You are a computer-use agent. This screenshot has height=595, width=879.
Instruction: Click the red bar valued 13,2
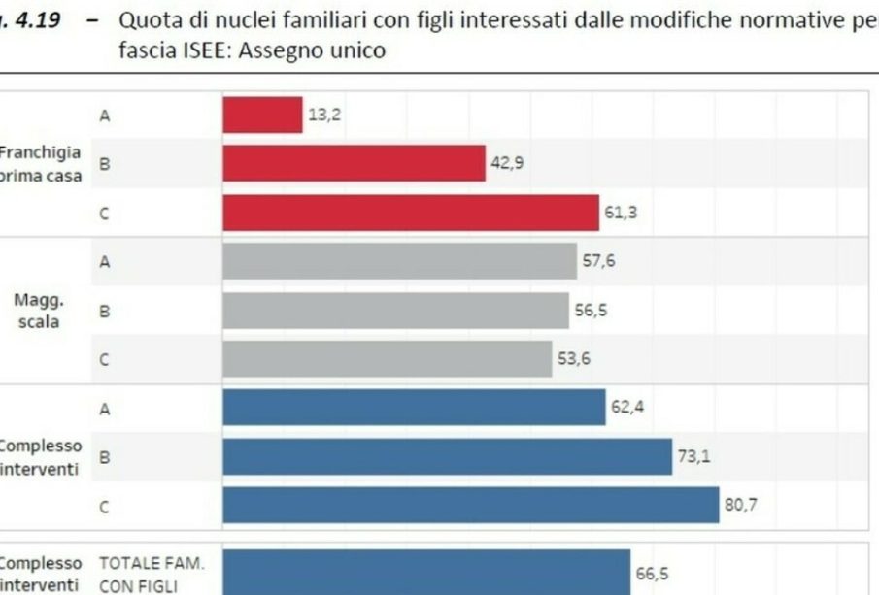coord(262,115)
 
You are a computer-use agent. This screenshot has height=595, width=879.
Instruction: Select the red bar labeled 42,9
coord(354,163)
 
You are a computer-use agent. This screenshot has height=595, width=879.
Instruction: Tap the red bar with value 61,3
coord(411,213)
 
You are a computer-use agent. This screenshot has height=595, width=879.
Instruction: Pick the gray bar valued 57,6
coord(399,261)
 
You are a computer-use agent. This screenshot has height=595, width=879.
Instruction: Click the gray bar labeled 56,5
coord(395,311)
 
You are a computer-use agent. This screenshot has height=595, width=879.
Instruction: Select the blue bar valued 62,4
coord(414,408)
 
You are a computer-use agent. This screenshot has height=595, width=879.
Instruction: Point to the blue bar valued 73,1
coord(447,456)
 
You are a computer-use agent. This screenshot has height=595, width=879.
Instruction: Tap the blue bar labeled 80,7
coord(471,505)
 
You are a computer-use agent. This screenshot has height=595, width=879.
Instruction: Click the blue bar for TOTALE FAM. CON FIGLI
coord(426,573)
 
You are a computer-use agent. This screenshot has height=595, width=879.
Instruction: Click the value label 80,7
coord(740,504)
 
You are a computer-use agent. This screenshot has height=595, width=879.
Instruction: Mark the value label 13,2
coord(324,115)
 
